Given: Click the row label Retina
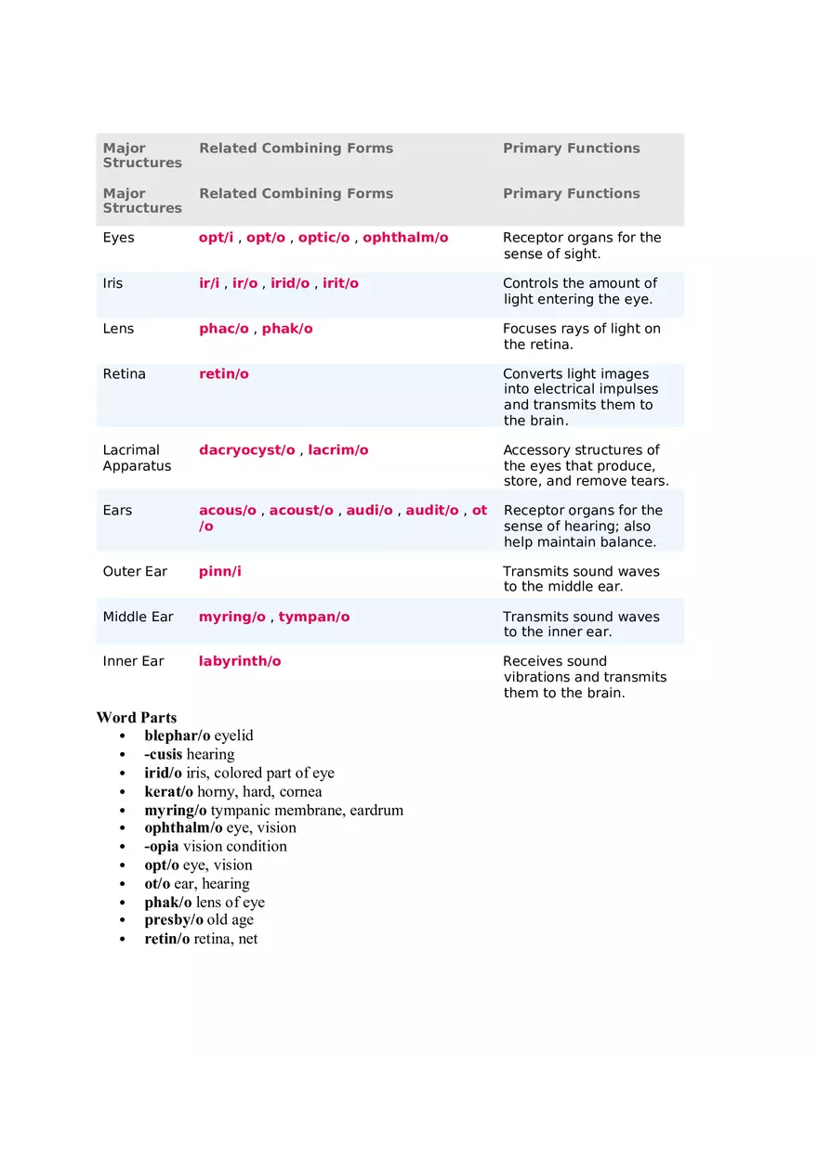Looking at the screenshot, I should (124, 374).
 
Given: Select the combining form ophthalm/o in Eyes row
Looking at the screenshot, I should (405, 238).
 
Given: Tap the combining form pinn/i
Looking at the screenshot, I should (219, 571).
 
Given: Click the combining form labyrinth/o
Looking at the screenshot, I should (240, 661).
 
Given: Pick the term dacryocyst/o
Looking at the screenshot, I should (246, 450).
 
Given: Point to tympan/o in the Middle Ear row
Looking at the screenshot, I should (314, 617).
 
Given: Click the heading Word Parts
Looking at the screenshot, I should (136, 718).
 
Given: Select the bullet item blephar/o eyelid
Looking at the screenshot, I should (198, 735).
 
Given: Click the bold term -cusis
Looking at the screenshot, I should (163, 754).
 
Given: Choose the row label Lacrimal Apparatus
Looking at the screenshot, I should (137, 458).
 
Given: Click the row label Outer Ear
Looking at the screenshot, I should (135, 571).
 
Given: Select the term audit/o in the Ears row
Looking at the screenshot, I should (432, 511).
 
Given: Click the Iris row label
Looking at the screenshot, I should (112, 283).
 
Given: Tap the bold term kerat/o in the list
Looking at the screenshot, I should (168, 791).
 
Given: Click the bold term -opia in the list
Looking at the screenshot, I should (161, 846).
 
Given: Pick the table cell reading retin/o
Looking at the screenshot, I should (224, 374).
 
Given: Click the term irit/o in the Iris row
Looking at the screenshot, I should (340, 283).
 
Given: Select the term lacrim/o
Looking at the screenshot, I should (338, 450).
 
